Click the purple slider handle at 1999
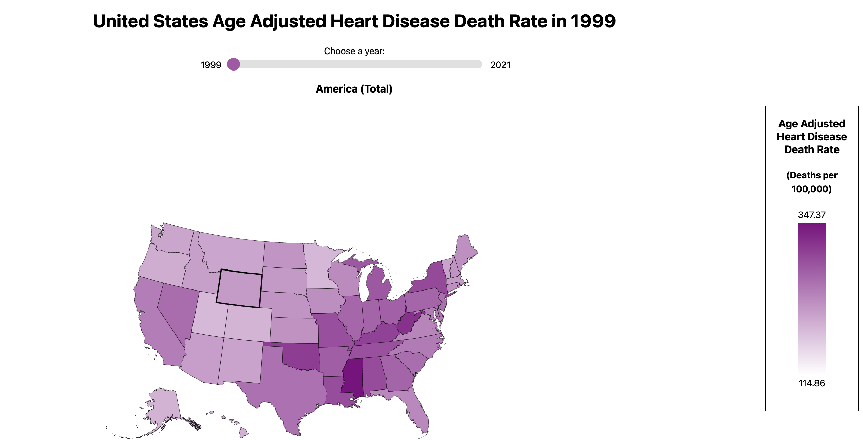(x=234, y=64)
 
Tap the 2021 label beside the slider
(x=500, y=65)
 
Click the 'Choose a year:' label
(x=354, y=51)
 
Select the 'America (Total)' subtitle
(x=354, y=89)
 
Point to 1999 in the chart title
(x=593, y=21)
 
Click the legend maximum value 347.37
(x=811, y=215)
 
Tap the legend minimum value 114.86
(x=811, y=383)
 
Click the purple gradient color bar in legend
(x=811, y=298)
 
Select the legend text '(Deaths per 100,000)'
(x=811, y=182)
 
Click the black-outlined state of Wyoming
(x=239, y=288)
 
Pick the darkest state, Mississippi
(x=352, y=376)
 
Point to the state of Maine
(x=465, y=251)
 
